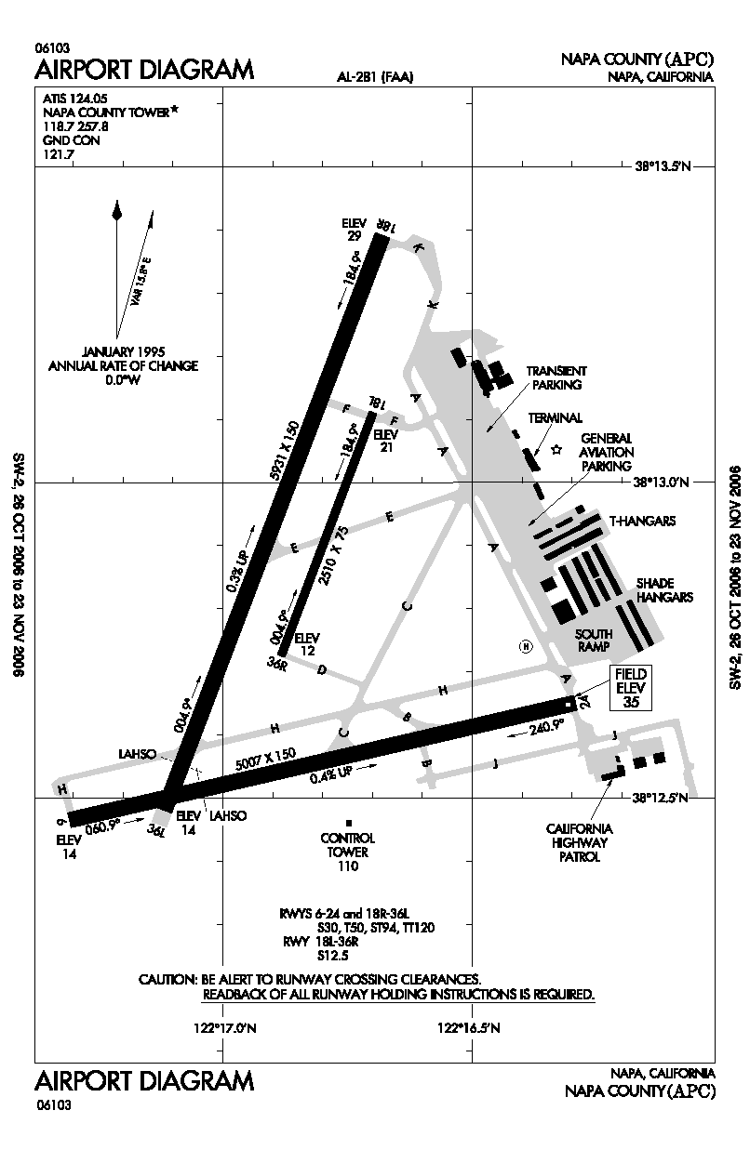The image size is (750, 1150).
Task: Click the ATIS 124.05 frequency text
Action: pos(75,97)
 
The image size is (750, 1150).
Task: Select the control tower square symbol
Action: pos(348,823)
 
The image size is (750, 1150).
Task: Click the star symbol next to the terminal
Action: pos(556,450)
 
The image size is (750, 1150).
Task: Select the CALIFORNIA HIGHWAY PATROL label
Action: pos(579,842)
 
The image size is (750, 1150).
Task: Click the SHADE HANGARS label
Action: pos(663,590)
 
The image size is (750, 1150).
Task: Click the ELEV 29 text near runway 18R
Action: pos(354,230)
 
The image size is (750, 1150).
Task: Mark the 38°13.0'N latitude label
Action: pos(663,482)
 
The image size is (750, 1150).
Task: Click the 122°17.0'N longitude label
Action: pos(223,1028)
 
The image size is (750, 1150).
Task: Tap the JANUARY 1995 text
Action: pos(123,351)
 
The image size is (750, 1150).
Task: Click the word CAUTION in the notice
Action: pos(166,980)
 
